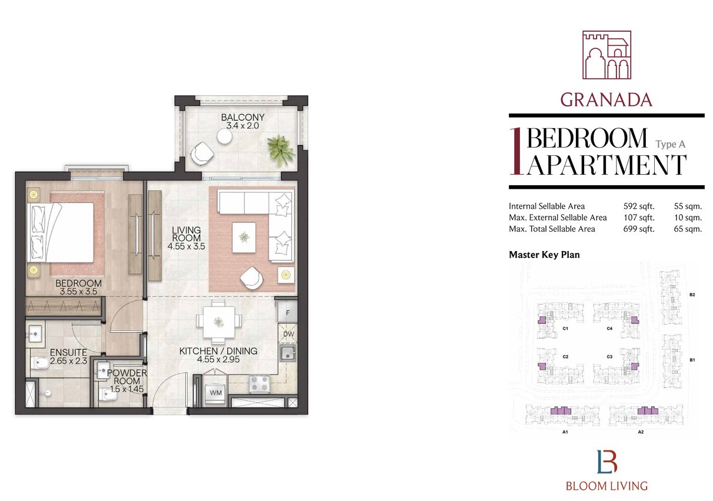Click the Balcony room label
coord(242,122)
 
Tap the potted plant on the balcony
coord(281,149)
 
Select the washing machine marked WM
coord(215,393)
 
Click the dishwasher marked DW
coord(288,333)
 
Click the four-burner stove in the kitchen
coord(259,383)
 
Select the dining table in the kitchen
coord(219,322)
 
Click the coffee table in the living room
coord(244,238)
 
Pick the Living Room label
coord(186,238)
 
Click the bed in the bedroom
coord(61,232)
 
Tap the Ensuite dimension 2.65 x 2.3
coord(68,360)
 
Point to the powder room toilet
coord(106,395)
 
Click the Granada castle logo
coord(607,55)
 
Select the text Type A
coord(670,145)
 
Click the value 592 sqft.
coord(639,206)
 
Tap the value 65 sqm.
coord(688,229)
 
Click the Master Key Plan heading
coord(544,255)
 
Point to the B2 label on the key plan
coord(692,295)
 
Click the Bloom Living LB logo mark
coord(607,462)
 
